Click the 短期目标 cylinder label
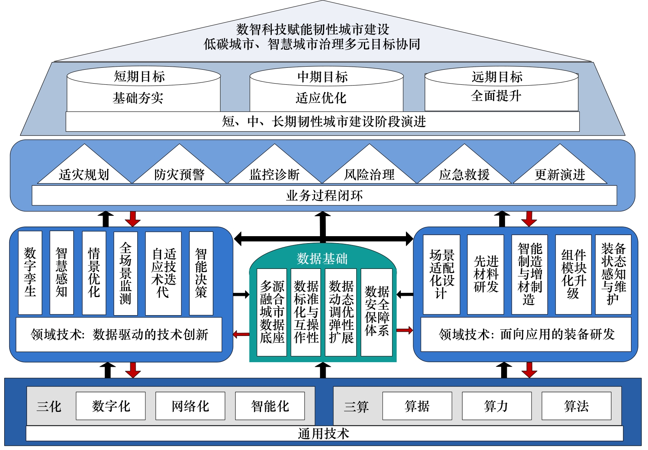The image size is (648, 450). (x=140, y=77)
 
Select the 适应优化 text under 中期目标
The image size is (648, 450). (x=321, y=98)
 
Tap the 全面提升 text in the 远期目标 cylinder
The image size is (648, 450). (x=496, y=96)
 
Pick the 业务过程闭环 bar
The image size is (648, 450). (x=324, y=196)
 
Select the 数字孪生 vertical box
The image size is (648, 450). (x=30, y=272)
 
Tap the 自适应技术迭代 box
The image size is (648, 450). (x=163, y=273)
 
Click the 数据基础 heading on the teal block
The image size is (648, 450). (x=322, y=259)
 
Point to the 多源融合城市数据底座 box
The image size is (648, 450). (x=272, y=312)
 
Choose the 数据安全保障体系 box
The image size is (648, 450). (x=377, y=312)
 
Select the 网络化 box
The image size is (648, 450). (x=190, y=406)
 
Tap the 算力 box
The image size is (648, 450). (x=497, y=406)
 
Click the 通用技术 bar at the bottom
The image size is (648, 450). (x=324, y=434)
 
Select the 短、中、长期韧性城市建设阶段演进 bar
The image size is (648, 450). (x=323, y=122)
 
